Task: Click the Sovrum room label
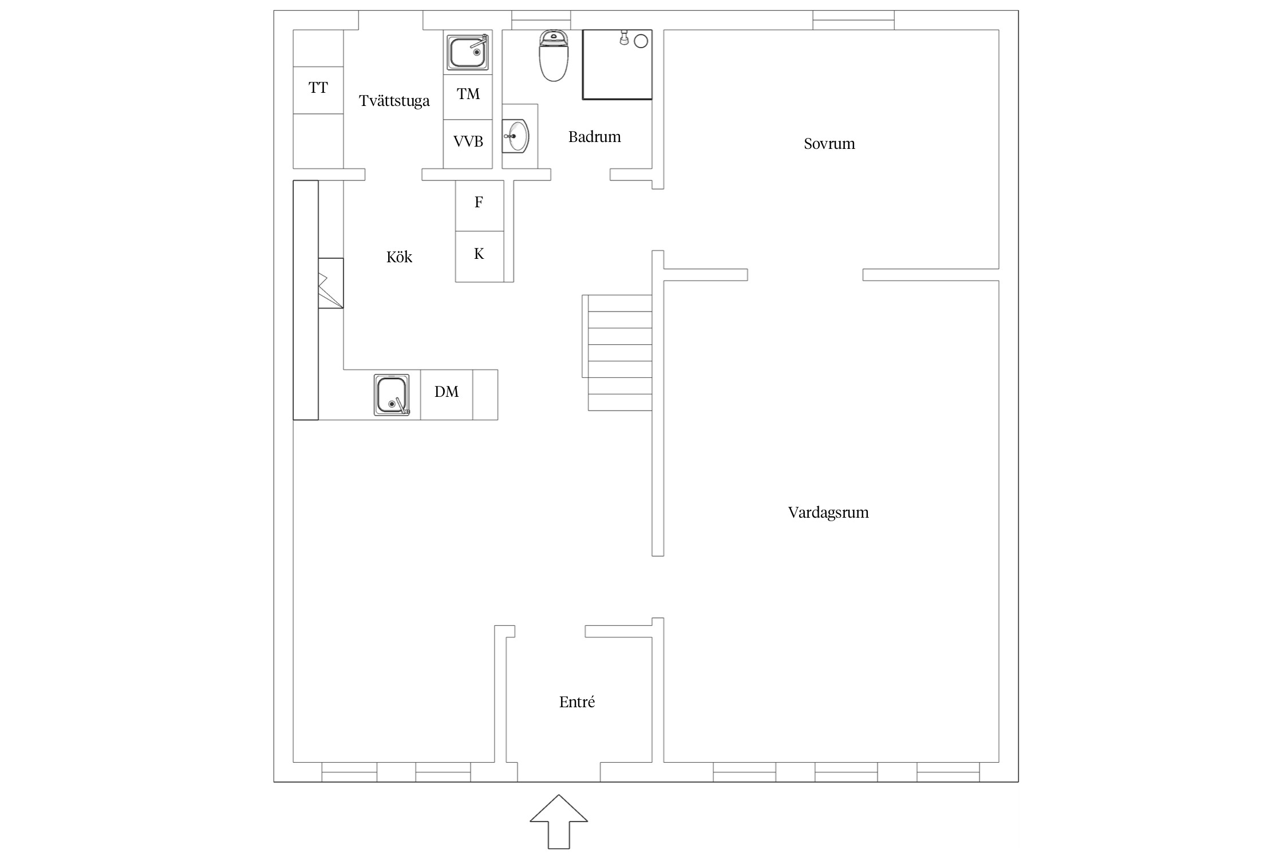829,144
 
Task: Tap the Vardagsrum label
828,513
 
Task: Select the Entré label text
577,702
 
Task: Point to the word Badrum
594,137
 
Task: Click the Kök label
399,257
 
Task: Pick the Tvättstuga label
394,101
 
